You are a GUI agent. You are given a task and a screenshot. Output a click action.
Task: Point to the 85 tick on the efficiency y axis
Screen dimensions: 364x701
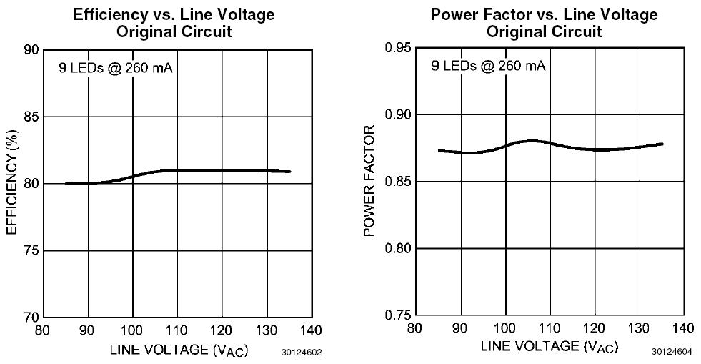tap(31, 117)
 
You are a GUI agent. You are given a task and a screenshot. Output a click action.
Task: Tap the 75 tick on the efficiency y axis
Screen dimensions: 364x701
tap(31, 250)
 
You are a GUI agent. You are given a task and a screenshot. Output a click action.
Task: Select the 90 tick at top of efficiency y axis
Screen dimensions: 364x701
tap(31, 50)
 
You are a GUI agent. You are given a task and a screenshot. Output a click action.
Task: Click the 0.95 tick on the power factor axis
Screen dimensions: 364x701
tap(399, 48)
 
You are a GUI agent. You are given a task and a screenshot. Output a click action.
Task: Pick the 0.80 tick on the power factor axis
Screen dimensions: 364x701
tap(399, 248)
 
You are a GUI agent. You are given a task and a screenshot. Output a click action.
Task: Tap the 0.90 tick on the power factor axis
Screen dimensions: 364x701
tap(399, 114)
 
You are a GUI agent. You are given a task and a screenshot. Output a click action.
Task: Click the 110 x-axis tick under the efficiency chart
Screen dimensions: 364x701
tap(177, 330)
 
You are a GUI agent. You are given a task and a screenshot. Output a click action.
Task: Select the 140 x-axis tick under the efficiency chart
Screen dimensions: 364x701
tap(311, 330)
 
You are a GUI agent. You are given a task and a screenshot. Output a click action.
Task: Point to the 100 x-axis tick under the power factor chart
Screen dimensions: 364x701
tap(505, 328)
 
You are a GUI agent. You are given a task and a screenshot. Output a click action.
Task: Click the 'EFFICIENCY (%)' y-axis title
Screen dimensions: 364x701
tap(11, 183)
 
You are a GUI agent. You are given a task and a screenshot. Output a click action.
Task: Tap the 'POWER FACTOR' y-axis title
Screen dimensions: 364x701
tap(369, 181)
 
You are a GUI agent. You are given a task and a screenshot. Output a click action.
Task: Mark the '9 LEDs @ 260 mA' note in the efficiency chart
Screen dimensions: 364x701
tap(116, 69)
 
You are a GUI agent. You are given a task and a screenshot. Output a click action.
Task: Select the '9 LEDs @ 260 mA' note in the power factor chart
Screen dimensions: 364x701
tap(488, 67)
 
